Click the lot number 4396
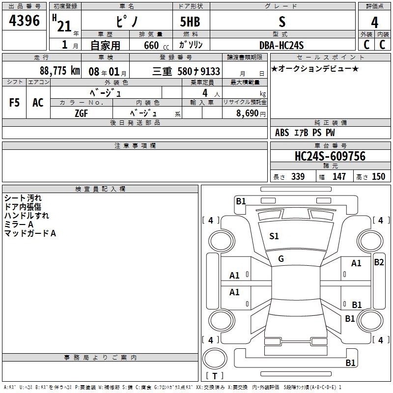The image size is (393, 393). pos(24,21)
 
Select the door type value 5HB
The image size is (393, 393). pos(190,22)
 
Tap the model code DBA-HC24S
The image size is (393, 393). pos(281,45)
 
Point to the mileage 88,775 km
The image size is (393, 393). pos(59,70)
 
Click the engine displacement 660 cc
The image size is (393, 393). pos(156,46)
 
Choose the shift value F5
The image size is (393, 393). pos(14,103)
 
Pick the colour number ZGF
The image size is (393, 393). pos(82,113)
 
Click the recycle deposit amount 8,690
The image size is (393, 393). pos(248,113)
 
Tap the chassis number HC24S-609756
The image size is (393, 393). pos(330,156)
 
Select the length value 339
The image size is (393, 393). pos(298,176)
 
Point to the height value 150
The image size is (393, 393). pos(378,176)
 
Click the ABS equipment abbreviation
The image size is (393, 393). pos(282,133)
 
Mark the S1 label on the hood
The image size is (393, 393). pos(274,236)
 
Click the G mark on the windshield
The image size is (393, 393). pos(281,259)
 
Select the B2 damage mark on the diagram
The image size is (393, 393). pos(379,262)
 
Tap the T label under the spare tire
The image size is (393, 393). pos(215,376)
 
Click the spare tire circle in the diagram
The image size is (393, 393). pos(215,359)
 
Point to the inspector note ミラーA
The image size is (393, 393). pos(19,225)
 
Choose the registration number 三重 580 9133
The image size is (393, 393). pos(186,71)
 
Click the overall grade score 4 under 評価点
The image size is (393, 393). pos(375,23)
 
